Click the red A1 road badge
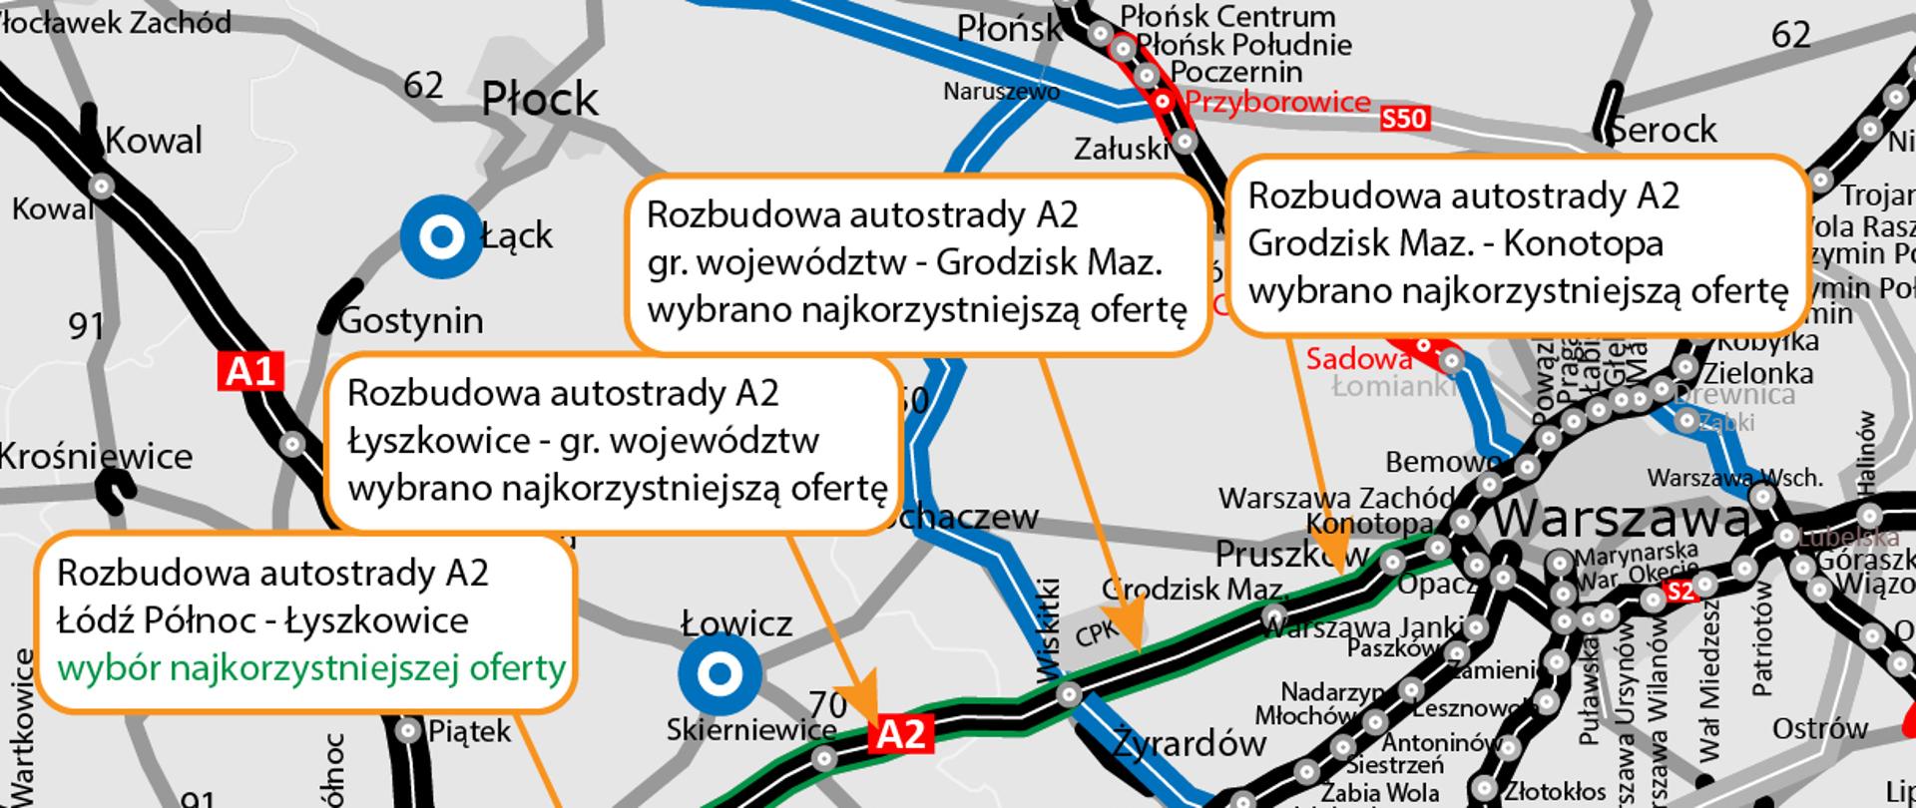pyautogui.click(x=250, y=372)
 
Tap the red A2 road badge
pyautogui.click(x=902, y=735)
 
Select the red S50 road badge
pyautogui.click(x=1404, y=120)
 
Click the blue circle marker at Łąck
pyautogui.click(x=441, y=237)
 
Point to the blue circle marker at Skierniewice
pyautogui.click(x=718, y=674)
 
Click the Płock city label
pyautogui.click(x=540, y=100)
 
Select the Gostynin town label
pyautogui.click(x=410, y=321)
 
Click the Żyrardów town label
pyautogui.click(x=1189, y=743)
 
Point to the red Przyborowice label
pyautogui.click(x=1277, y=102)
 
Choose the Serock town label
pyautogui.click(x=1664, y=130)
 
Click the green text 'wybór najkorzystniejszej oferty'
pyautogui.click(x=311, y=667)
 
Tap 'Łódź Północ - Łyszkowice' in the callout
pyautogui.click(x=262, y=620)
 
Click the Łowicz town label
pyautogui.click(x=736, y=624)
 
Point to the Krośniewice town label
pyautogui.click(x=96, y=457)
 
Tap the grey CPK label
pyautogui.click(x=1098, y=629)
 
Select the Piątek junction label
pyautogui.click(x=469, y=731)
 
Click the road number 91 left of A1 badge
pyautogui.click(x=87, y=325)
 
